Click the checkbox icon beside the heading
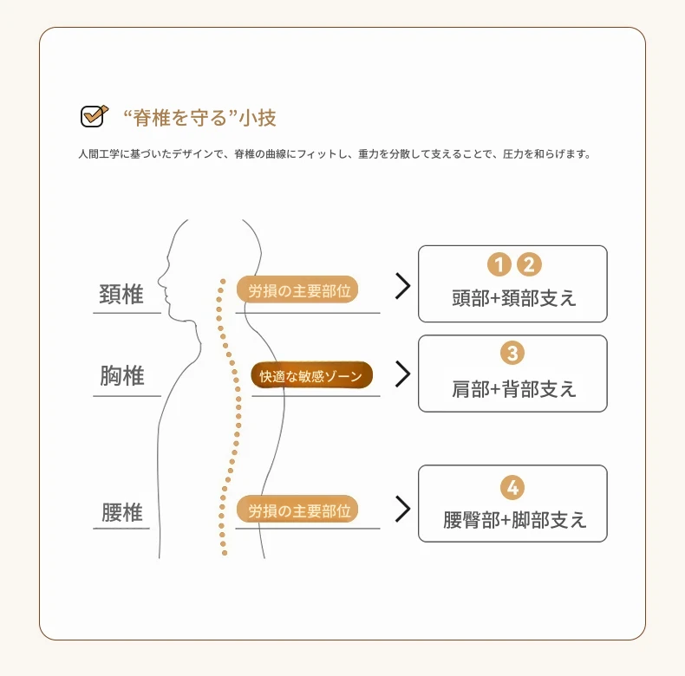[x=93, y=115]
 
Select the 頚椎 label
[x=121, y=295]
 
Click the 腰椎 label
[x=121, y=512]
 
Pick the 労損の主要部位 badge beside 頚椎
[x=297, y=290]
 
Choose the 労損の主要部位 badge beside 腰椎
[x=297, y=510]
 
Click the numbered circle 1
[x=499, y=264]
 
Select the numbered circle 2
[x=528, y=264]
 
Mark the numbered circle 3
[x=512, y=353]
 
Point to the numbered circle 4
[x=512, y=488]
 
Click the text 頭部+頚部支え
[x=513, y=298]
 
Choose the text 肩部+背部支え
[x=513, y=387]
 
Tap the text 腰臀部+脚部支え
[x=514, y=520]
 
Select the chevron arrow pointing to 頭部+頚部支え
[x=402, y=286]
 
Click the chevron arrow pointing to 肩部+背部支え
[x=402, y=374]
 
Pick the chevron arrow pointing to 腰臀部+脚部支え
[x=402, y=509]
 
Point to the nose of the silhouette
[x=160, y=280]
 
